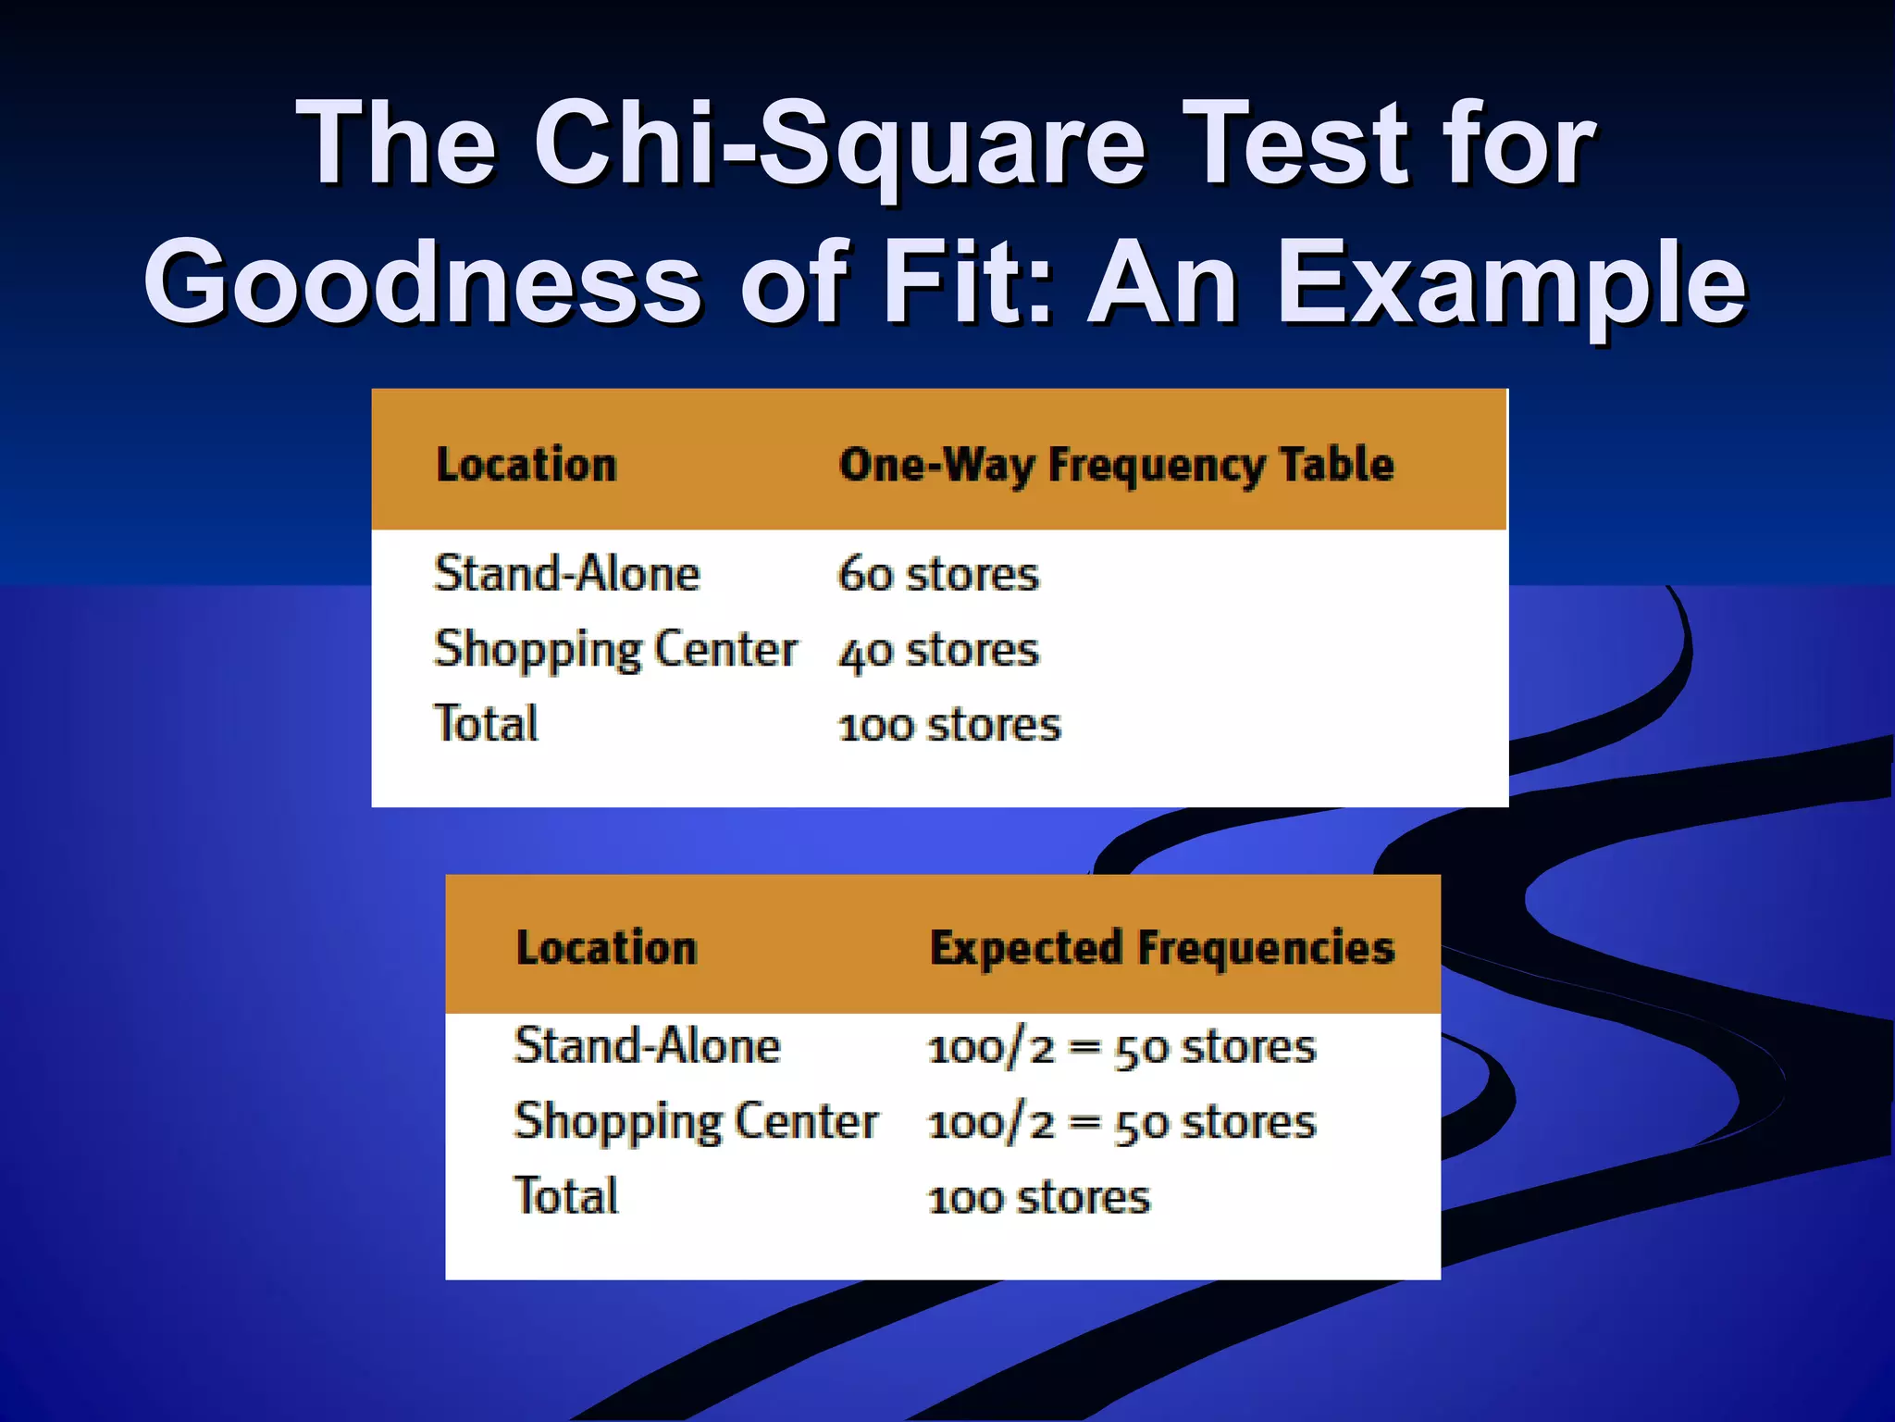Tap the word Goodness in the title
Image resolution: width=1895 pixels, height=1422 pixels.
click(421, 282)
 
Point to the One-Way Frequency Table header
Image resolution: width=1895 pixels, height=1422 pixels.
click(1115, 465)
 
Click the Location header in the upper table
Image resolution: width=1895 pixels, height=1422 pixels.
click(526, 465)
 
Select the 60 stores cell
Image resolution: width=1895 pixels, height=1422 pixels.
click(938, 574)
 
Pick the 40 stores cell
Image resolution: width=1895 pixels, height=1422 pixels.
click(938, 650)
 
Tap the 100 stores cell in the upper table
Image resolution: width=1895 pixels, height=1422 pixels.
click(948, 725)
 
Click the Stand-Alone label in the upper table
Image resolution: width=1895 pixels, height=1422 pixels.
click(566, 574)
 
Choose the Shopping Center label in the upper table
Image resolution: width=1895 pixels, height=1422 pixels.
click(614, 650)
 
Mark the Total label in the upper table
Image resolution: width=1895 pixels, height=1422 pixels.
click(486, 724)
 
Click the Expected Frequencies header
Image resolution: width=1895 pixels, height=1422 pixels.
click(1161, 948)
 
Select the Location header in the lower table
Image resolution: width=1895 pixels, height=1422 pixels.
click(606, 948)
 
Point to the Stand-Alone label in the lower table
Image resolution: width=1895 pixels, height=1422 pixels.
click(647, 1046)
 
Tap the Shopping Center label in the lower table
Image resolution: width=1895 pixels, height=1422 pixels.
click(695, 1122)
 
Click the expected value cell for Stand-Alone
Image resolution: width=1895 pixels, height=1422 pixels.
click(1121, 1048)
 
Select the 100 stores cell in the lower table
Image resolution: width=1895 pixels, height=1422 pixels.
click(1038, 1198)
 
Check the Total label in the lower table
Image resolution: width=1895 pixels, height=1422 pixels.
click(565, 1196)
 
